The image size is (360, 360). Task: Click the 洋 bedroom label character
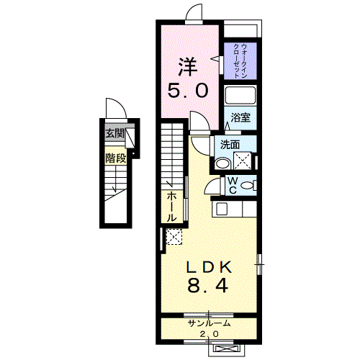tap(189, 66)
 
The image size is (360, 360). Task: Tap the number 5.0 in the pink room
tap(188, 91)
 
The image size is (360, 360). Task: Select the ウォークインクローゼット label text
tap(240, 60)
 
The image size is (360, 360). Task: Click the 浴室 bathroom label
tap(240, 117)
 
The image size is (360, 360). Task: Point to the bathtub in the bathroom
tap(240, 95)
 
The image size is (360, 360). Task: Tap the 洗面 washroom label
tap(230, 145)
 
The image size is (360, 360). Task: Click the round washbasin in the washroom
tap(222, 163)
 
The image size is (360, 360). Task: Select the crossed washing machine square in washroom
tap(243, 161)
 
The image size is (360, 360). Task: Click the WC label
tap(233, 185)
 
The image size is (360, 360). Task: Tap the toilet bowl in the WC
tap(247, 185)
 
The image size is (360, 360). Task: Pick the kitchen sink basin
tap(222, 209)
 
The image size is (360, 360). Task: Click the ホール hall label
tap(171, 207)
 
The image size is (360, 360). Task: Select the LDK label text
tap(210, 266)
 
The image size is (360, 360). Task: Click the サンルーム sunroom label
tap(210, 323)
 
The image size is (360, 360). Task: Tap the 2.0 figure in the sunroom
tap(210, 334)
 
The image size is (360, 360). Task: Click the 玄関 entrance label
tap(115, 133)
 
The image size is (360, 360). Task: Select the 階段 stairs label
tap(115, 158)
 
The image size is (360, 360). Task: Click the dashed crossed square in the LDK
tap(174, 237)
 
